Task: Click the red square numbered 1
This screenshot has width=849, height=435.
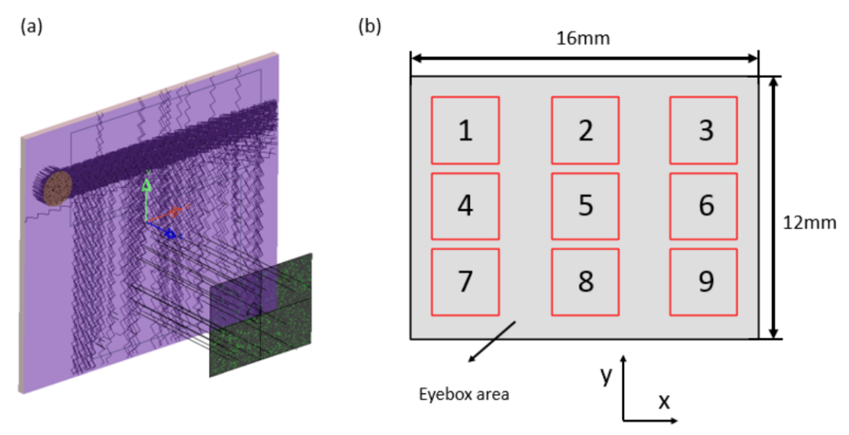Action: click(x=465, y=130)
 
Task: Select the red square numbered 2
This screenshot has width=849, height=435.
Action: click(x=586, y=130)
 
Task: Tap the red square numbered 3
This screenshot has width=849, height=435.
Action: click(x=704, y=130)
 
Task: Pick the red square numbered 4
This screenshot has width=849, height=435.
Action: click(x=465, y=206)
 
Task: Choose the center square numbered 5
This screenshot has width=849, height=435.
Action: click(x=586, y=206)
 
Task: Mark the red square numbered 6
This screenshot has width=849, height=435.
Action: click(x=704, y=206)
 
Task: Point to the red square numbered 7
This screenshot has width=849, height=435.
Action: click(x=465, y=282)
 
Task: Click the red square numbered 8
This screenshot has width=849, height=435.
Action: click(x=586, y=282)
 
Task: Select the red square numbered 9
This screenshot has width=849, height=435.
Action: click(x=704, y=282)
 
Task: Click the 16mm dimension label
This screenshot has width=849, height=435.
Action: click(x=583, y=39)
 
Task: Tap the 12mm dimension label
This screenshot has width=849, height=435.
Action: click(x=810, y=223)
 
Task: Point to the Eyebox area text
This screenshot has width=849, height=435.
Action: click(x=464, y=394)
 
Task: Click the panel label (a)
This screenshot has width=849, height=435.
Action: click(x=31, y=26)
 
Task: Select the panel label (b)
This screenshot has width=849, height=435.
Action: click(x=369, y=26)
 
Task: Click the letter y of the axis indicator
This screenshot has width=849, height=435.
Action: click(x=606, y=375)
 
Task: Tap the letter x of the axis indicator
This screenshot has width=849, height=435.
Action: click(x=663, y=401)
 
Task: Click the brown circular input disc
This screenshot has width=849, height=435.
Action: click(x=57, y=189)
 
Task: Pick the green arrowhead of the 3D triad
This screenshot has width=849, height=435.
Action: click(x=146, y=185)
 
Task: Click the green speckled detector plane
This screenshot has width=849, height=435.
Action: click(x=260, y=315)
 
